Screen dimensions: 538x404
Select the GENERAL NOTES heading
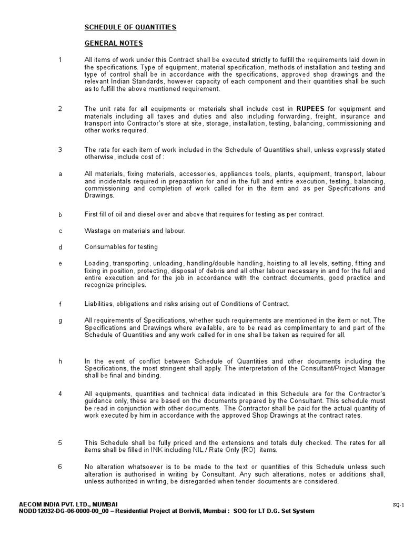(114, 43)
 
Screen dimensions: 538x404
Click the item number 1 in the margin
(60, 60)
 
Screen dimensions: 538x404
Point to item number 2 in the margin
(60, 109)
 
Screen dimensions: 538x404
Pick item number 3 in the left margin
(60, 150)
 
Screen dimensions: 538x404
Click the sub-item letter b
(60, 214)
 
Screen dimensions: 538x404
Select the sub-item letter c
(60, 231)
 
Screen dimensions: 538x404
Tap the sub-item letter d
(60, 247)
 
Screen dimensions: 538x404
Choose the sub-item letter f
(60, 304)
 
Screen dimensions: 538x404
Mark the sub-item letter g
(60, 320)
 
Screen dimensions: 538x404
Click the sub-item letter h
(60, 361)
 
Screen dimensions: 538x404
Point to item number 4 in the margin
(60, 394)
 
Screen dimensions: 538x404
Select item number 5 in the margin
(60, 442)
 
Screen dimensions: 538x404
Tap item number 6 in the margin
(60, 467)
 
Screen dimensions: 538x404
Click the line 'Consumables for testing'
(121, 247)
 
